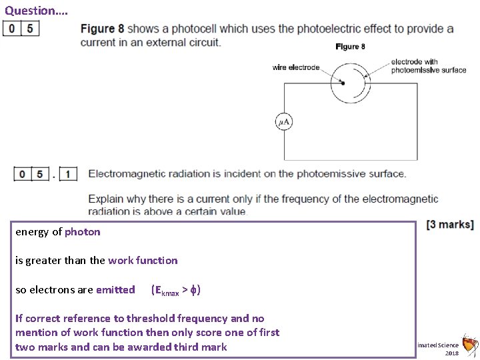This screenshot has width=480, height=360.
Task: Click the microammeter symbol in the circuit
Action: [x=284, y=122]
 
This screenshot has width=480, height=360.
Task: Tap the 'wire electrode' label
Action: [x=295, y=67]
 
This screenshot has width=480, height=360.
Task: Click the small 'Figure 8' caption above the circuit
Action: [x=350, y=47]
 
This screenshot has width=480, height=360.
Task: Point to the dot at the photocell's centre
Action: [x=343, y=83]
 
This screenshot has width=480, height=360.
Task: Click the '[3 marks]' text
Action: [x=450, y=225]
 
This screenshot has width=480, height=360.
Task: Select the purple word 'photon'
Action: [x=83, y=232]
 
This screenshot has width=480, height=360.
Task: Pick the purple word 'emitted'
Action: [x=115, y=290]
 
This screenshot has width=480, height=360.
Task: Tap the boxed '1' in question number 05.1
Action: [x=68, y=175]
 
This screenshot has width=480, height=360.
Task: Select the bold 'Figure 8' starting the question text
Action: [x=102, y=29]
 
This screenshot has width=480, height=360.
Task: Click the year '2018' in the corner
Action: [x=451, y=353]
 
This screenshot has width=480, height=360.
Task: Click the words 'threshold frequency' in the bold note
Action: [x=174, y=319]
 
